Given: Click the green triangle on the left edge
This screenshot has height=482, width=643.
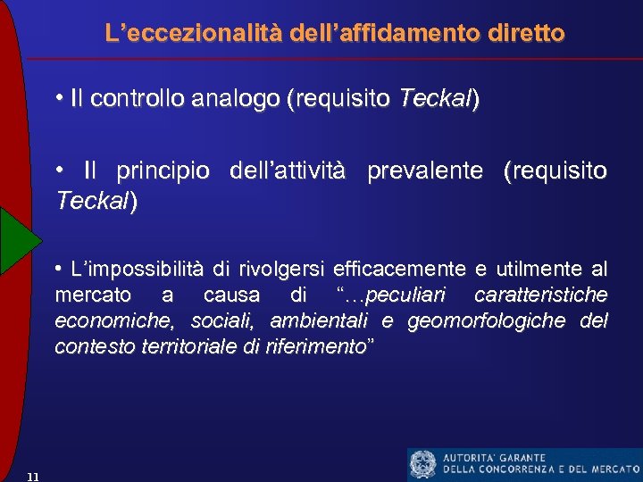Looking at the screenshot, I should click(17, 239).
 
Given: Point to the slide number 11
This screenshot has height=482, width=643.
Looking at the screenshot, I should click(32, 476).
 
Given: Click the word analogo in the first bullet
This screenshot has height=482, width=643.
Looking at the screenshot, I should click(232, 100).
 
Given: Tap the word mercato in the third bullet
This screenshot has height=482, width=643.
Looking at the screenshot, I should click(93, 295).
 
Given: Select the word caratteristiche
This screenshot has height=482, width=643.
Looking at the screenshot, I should click(541, 295).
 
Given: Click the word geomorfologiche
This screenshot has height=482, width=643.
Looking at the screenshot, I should click(486, 320).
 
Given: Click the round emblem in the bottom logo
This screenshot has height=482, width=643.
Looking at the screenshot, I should click(422, 464).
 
